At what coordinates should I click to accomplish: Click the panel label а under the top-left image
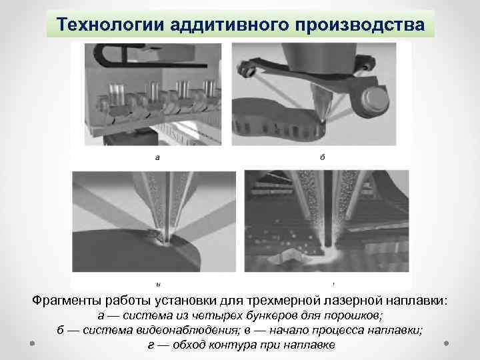(x=157, y=159)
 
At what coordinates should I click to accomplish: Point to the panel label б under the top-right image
(x=322, y=158)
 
